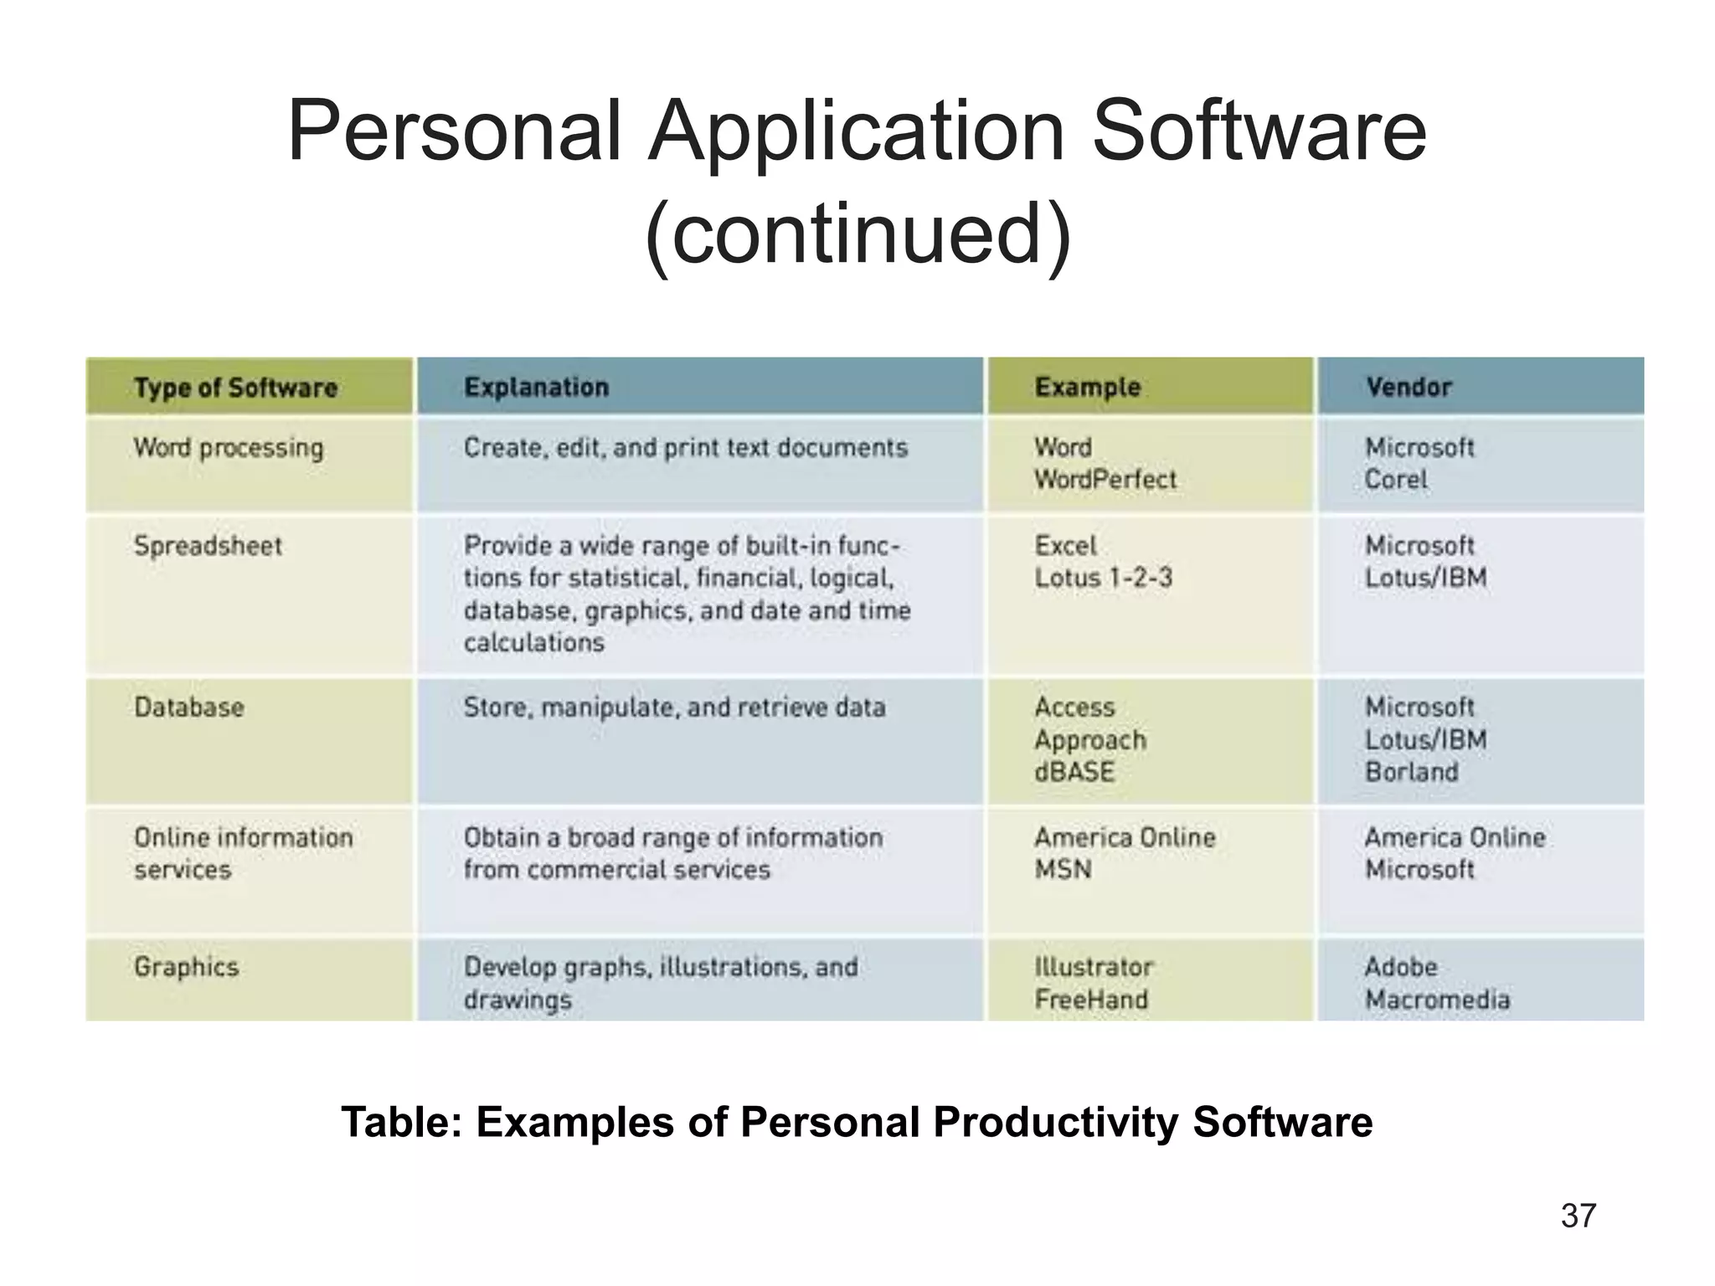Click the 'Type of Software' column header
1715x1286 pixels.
(235, 388)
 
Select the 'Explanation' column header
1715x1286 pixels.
(536, 388)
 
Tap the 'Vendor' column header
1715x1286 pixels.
(1409, 387)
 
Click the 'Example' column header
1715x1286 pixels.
(1087, 387)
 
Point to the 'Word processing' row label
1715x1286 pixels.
(228, 448)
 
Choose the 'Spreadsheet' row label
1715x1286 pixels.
(208, 546)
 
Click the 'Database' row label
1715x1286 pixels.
(189, 707)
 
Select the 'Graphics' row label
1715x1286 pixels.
(186, 967)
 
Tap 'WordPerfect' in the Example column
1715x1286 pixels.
(1105, 480)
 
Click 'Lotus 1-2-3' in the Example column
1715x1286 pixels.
(1103, 578)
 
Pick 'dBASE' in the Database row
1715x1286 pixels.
(1074, 772)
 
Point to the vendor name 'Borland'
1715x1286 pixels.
(1411, 772)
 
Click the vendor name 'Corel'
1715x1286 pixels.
(1396, 480)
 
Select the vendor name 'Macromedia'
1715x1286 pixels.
(1437, 1000)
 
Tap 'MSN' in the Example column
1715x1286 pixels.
(1063, 870)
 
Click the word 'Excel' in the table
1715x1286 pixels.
(1065, 546)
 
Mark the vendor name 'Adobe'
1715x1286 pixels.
(1401, 967)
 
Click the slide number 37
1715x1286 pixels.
(1579, 1216)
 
